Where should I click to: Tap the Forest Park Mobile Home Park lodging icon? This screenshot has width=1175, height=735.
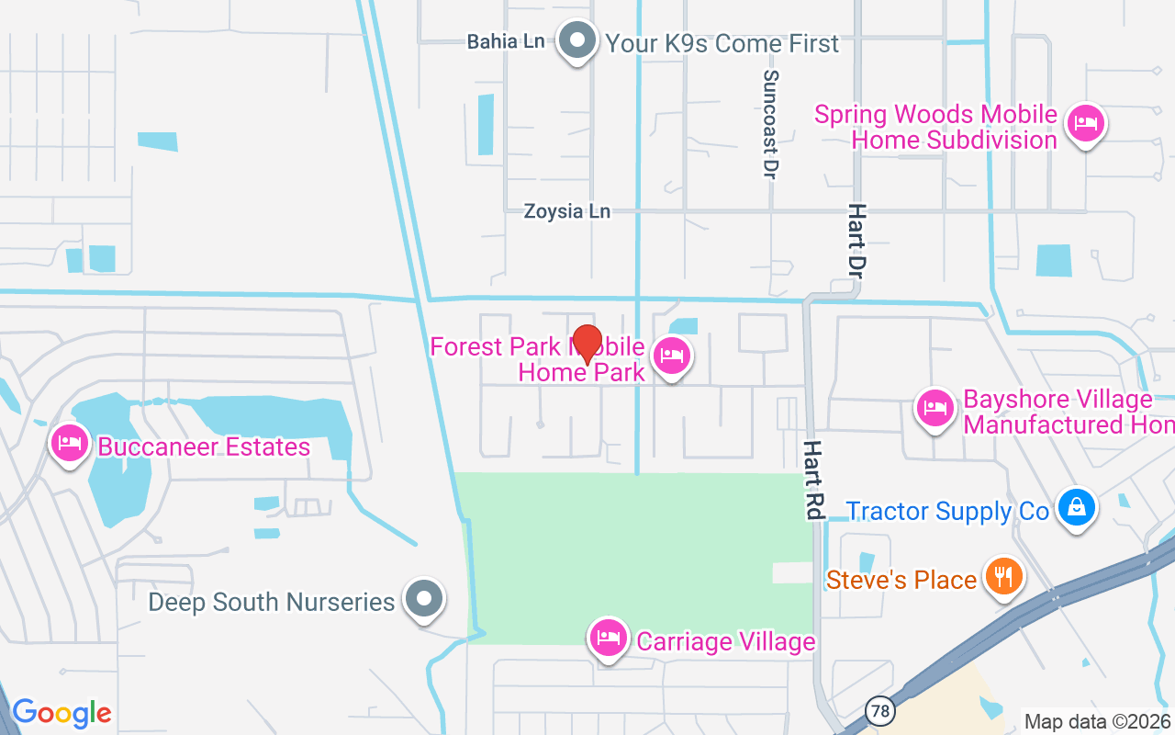point(671,356)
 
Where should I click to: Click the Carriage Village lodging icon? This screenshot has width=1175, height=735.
point(609,637)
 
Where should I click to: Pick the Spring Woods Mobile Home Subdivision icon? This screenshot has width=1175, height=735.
point(1086,123)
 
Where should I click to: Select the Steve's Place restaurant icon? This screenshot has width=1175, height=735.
point(1003,576)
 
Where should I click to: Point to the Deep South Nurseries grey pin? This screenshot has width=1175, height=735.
point(424,598)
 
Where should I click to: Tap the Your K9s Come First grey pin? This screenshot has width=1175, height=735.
point(578,40)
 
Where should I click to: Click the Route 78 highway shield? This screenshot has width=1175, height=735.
point(880,710)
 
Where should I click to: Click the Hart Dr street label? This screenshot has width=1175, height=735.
point(857,241)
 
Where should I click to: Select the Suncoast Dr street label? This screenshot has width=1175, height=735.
point(771,124)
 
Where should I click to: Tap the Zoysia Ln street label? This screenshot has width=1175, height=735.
point(566,211)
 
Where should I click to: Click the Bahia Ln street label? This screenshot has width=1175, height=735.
point(506,41)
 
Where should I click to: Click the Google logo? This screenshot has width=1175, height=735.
point(62,712)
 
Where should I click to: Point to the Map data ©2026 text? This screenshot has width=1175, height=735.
point(1098,721)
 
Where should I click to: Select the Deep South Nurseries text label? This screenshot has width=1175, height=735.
point(272,603)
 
